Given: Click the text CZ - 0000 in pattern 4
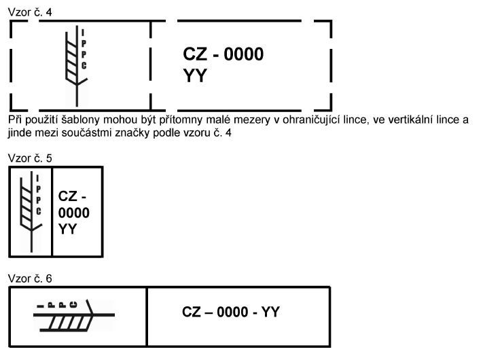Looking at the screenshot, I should click(x=223, y=55).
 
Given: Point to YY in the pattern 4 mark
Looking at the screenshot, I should click(x=194, y=76).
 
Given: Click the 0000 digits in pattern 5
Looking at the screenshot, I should click(x=74, y=213).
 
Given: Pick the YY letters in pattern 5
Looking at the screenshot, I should click(x=67, y=229).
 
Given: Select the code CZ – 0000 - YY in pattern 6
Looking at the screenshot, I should click(x=231, y=312).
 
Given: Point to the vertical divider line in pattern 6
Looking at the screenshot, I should click(x=147, y=317).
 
